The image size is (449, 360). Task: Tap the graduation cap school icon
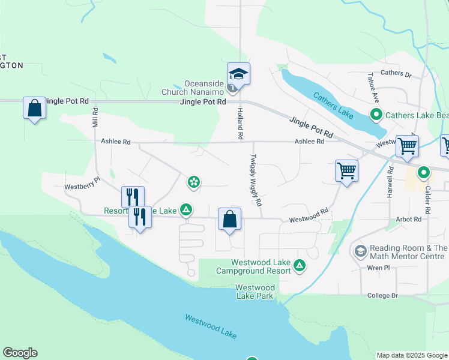(239, 74)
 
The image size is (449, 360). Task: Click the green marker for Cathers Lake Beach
(376, 115)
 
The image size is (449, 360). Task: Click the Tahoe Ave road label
(373, 88)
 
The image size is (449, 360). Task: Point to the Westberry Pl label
(82, 187)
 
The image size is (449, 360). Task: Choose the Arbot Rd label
(408, 220)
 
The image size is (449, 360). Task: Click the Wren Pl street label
(379, 268)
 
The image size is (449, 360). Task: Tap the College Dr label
(382, 296)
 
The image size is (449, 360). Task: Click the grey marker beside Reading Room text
(361, 249)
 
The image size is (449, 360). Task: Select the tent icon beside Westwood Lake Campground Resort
(300, 265)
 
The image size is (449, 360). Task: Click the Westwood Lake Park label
(255, 292)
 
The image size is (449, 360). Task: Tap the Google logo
(20, 353)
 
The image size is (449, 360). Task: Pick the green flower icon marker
(193, 181)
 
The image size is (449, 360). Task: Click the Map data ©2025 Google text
(411, 355)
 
